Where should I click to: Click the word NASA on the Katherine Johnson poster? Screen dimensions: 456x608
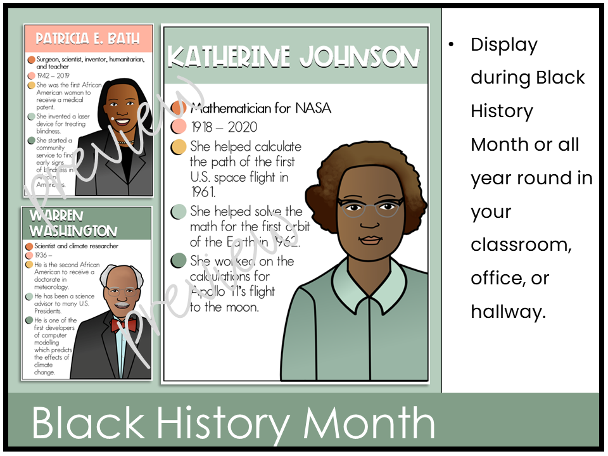point(314,108)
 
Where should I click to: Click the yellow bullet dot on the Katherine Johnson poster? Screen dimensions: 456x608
point(179,148)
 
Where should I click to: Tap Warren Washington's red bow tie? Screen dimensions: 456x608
point(123,325)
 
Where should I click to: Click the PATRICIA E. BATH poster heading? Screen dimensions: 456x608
point(88,39)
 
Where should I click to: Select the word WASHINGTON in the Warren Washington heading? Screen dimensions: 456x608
point(73,231)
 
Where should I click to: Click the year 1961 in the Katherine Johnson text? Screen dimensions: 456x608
point(203,192)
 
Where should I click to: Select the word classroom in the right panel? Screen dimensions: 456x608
point(521,245)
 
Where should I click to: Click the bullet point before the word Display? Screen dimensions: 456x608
point(451,45)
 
